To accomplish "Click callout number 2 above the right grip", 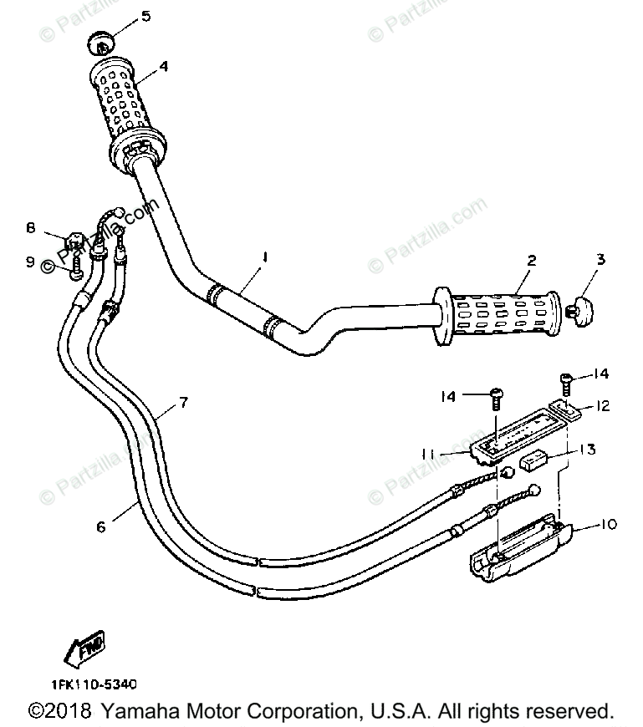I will [x=531, y=260].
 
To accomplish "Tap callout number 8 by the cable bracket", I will [x=30, y=227].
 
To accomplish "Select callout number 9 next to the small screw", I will [x=30, y=262].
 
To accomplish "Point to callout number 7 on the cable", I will [x=183, y=402].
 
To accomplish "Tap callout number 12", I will [x=602, y=406].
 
